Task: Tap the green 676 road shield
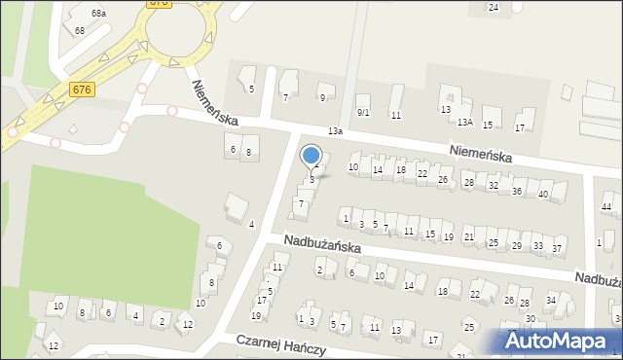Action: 82,90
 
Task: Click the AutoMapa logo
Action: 559,341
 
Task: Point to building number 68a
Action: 98,14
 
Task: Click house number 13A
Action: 466,122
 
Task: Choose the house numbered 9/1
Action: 363,112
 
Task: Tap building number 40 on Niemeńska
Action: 543,195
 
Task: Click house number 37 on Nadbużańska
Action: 558,249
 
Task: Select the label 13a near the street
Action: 336,130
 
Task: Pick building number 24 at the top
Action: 494,8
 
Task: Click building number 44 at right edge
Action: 606,207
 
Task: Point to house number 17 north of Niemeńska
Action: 520,127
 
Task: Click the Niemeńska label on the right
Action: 495,154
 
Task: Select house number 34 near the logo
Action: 550,300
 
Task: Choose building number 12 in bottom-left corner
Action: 54,346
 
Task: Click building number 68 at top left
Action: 80,31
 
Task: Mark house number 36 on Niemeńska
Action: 517,191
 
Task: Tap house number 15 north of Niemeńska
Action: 488,125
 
